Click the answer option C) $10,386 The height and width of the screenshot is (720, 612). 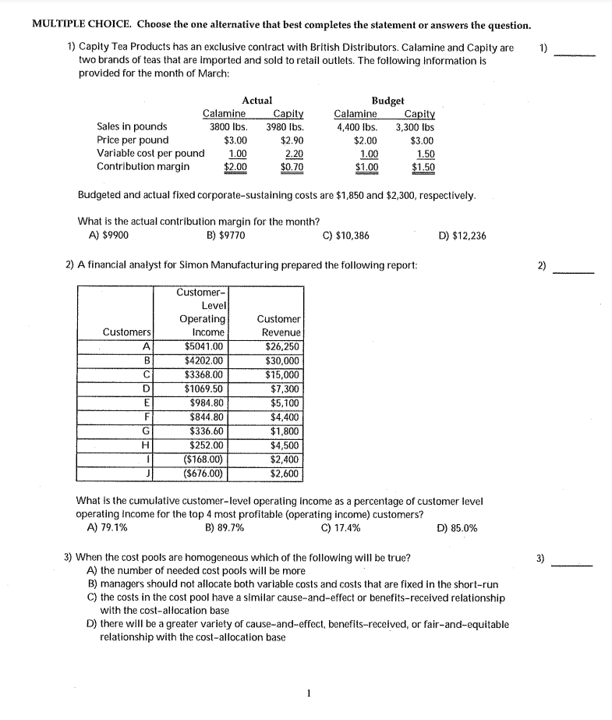[x=345, y=236]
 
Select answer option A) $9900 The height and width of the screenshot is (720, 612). [x=109, y=236]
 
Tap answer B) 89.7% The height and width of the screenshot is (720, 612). [x=224, y=527]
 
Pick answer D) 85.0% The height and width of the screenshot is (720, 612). [x=458, y=527]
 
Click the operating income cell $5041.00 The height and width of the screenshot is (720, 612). [x=204, y=347]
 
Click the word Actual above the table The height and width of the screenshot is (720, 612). [x=257, y=100]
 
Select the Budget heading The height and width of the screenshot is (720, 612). [x=387, y=100]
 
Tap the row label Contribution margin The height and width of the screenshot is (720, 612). [x=143, y=166]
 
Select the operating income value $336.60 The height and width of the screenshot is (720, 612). [x=207, y=431]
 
